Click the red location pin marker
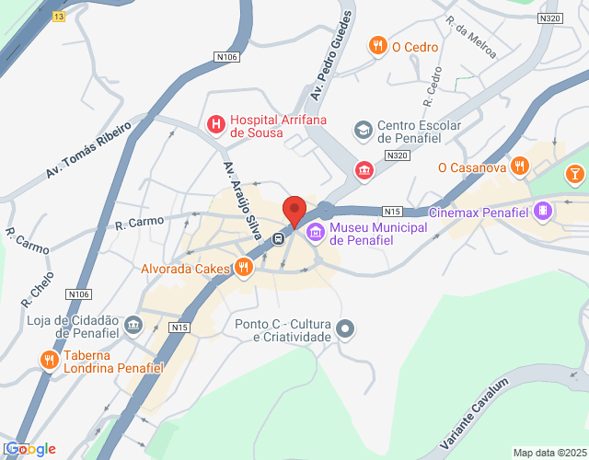(294, 211)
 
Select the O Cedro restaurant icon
(377, 45)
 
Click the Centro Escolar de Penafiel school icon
(364, 129)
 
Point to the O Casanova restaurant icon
(520, 167)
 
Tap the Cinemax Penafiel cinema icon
(544, 212)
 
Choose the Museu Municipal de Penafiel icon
(316, 233)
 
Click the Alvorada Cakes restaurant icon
(243, 268)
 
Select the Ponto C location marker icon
(345, 328)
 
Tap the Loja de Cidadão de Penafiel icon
(133, 324)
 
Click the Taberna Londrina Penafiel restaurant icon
(48, 361)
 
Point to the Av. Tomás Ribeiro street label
(88, 148)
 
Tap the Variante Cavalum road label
(475, 414)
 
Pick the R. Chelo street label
(38, 288)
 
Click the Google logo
(29, 448)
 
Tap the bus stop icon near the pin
(277, 239)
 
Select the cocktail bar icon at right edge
(575, 173)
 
